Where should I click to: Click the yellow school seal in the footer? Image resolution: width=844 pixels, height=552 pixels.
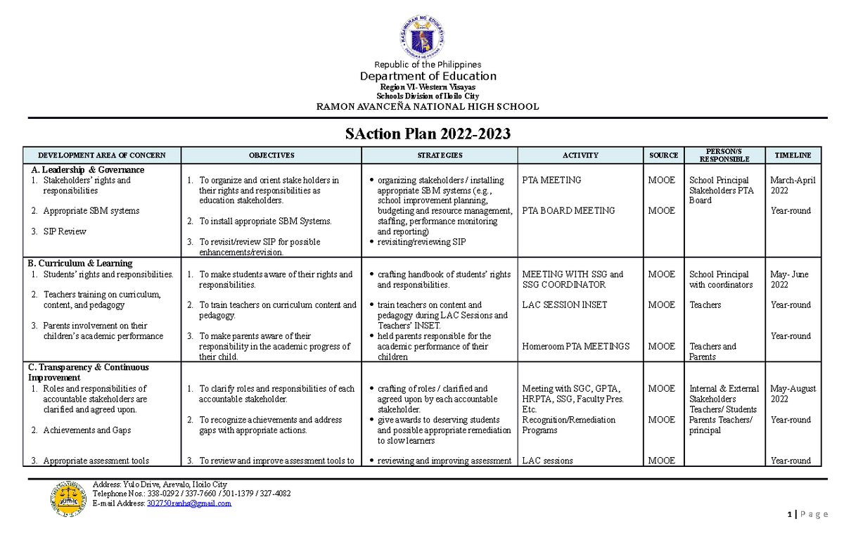[x=68, y=499]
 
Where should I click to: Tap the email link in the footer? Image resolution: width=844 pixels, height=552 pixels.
[x=188, y=503]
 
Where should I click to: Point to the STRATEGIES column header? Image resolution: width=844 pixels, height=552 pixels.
[x=440, y=155]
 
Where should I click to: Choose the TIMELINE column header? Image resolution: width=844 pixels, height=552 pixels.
[x=793, y=155]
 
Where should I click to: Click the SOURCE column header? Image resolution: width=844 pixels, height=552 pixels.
[x=663, y=155]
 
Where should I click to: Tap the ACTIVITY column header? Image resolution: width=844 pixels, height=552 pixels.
[x=580, y=155]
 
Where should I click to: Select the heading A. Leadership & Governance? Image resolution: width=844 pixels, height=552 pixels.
[x=88, y=169]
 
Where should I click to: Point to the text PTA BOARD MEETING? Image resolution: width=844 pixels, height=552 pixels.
[x=568, y=210]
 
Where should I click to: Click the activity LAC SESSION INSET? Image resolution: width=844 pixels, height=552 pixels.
[x=565, y=305]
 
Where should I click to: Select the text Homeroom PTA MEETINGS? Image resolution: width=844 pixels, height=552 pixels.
[x=576, y=346]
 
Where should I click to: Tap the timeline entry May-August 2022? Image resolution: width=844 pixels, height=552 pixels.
[x=793, y=393]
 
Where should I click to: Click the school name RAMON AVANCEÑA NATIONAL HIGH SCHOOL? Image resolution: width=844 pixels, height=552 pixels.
[x=428, y=107]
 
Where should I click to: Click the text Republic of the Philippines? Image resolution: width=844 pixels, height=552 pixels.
[x=428, y=65]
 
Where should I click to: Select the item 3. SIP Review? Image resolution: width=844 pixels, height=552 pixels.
[x=68, y=231]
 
